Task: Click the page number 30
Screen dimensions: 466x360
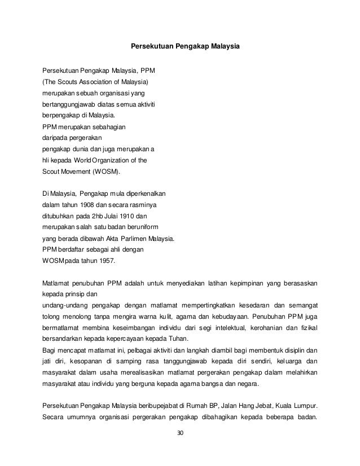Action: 181,433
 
